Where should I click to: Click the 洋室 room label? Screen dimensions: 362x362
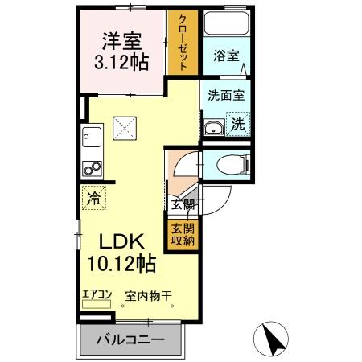tap(122, 39)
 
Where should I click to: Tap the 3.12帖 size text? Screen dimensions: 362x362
tap(122, 61)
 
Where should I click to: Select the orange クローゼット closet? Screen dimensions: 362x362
tap(183, 43)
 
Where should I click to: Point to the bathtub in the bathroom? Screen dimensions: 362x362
tap(225, 24)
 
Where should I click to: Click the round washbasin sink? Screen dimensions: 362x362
tap(215, 127)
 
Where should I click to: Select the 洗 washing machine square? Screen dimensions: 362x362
tap(238, 124)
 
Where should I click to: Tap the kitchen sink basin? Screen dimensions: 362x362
tap(90, 138)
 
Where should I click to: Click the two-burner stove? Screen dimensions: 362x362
tap(91, 169)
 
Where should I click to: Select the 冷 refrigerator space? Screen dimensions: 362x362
tap(94, 196)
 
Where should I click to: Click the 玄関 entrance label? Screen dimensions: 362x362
tap(183, 204)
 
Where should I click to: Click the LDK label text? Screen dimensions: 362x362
tap(122, 241)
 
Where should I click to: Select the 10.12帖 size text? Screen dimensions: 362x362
tap(122, 262)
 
